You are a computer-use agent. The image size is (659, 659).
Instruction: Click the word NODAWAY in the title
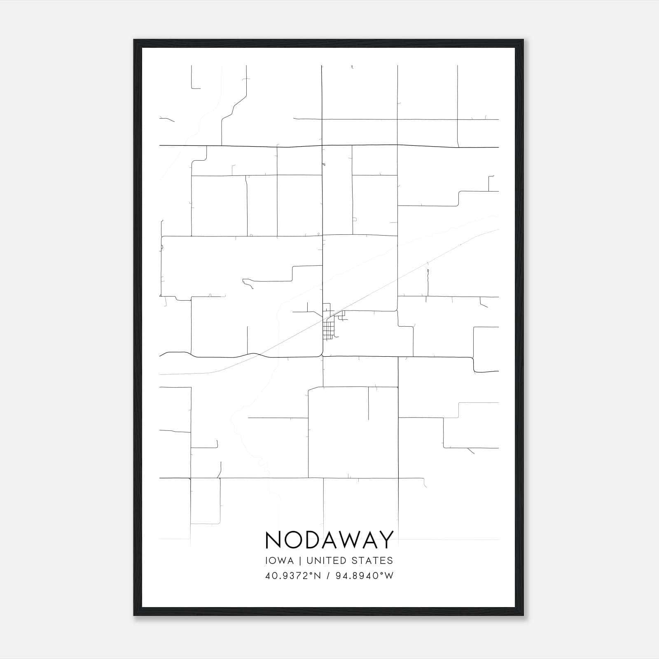329,540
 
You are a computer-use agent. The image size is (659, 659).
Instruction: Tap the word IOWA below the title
280,561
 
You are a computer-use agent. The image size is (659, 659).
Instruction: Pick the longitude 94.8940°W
363,575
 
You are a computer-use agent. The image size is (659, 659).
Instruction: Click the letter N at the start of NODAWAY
274,540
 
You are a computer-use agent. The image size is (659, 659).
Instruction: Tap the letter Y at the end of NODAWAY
386,540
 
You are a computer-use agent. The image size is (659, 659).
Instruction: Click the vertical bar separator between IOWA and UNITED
300,561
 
